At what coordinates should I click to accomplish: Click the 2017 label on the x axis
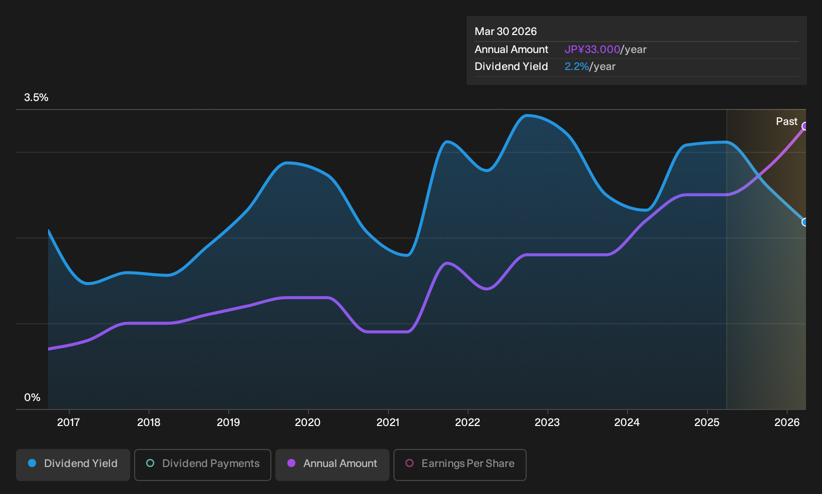pyautogui.click(x=69, y=422)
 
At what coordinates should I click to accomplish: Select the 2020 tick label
pyautogui.click(x=308, y=422)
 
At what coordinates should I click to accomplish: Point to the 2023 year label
pyautogui.click(x=547, y=422)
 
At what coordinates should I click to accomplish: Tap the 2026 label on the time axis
pyautogui.click(x=787, y=422)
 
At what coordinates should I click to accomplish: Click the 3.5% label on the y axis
pyautogui.click(x=36, y=97)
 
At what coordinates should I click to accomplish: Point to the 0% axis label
pyautogui.click(x=33, y=397)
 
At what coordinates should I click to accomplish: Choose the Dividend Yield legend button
pyautogui.click(x=73, y=464)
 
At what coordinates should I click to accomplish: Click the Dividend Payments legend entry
pyautogui.click(x=203, y=464)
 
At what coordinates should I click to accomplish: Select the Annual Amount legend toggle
pyautogui.click(x=332, y=464)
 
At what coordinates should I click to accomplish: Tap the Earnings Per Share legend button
pyautogui.click(x=460, y=464)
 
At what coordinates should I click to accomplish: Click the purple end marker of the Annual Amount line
pyautogui.click(x=804, y=126)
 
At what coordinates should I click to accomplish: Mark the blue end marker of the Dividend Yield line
pyautogui.click(x=804, y=222)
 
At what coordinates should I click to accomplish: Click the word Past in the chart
pyautogui.click(x=787, y=121)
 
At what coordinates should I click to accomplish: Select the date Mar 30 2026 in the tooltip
pyautogui.click(x=506, y=31)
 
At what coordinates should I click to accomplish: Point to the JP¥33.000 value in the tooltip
pyautogui.click(x=592, y=49)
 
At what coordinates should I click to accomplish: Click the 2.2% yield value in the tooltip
pyautogui.click(x=577, y=66)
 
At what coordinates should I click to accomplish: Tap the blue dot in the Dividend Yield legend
pyautogui.click(x=33, y=463)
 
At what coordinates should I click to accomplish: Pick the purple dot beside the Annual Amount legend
pyautogui.click(x=291, y=463)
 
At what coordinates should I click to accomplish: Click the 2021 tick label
pyautogui.click(x=388, y=422)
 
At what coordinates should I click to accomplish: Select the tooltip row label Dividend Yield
pyautogui.click(x=511, y=66)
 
